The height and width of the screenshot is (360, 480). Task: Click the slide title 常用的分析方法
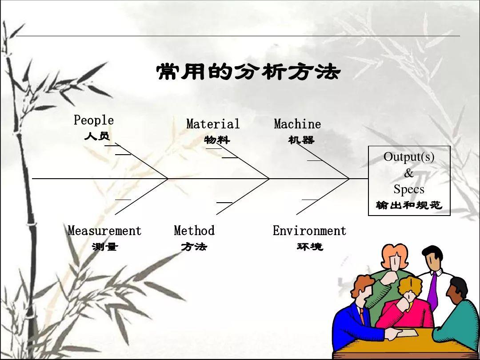point(248,72)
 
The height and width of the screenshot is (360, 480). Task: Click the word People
point(94,120)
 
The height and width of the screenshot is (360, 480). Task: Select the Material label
point(213,124)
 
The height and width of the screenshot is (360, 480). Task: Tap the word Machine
point(297,124)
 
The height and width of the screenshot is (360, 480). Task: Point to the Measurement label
point(104,231)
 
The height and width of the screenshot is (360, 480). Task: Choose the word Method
point(194,231)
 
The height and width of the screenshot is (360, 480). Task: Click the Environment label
point(309,231)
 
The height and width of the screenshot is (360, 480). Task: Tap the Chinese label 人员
point(97,136)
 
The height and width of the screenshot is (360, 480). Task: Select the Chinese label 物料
point(217,140)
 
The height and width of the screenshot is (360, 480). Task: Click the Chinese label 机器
point(301,140)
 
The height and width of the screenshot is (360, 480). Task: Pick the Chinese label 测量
point(105,247)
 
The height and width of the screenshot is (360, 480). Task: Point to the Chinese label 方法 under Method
point(194,247)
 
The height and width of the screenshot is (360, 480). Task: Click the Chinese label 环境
point(310,247)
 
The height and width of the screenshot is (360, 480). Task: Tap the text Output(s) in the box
point(409,157)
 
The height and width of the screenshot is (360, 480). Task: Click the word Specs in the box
point(409,189)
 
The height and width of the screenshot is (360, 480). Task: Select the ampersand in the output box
point(409,173)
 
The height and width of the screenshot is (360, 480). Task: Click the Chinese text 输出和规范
point(409,205)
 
